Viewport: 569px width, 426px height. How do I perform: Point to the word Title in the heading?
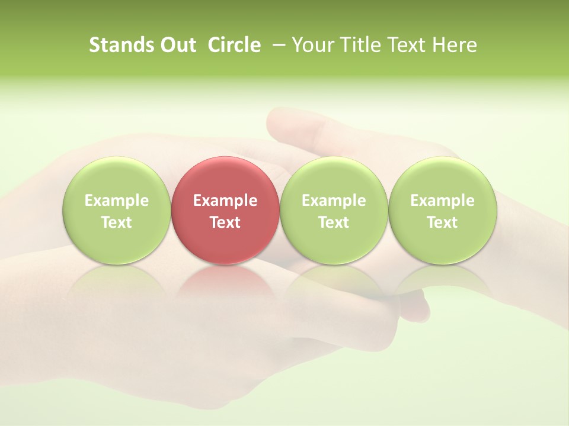click(361, 45)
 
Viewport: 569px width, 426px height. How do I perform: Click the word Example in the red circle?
click(225, 201)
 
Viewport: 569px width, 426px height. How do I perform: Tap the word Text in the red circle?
click(225, 222)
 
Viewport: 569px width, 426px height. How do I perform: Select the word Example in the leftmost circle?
click(116, 201)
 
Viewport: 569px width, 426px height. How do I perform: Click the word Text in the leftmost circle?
click(116, 222)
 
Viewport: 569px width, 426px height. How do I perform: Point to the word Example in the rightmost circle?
click(442, 201)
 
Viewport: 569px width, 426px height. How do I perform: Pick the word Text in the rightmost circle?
click(442, 222)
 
